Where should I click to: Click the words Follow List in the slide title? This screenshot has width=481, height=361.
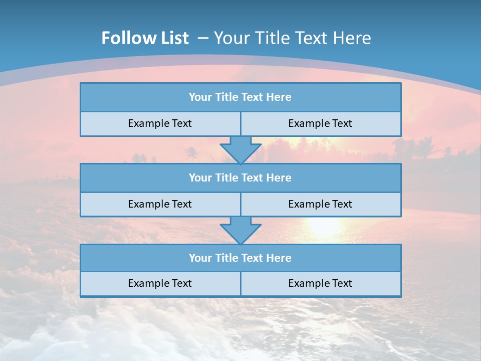click(x=145, y=38)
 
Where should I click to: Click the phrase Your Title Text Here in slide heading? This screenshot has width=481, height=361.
click(x=293, y=38)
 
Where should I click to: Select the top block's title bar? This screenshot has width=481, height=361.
click(x=241, y=97)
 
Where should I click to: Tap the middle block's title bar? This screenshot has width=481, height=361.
click(x=241, y=178)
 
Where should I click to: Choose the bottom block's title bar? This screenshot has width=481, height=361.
click(x=241, y=258)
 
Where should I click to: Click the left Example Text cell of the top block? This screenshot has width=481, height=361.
click(x=160, y=124)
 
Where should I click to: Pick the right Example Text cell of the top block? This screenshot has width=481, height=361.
click(x=320, y=124)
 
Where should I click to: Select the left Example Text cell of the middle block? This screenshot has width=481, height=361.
click(x=160, y=205)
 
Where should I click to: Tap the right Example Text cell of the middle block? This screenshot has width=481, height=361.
click(x=320, y=205)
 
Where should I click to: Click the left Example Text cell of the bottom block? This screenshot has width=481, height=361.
click(x=160, y=284)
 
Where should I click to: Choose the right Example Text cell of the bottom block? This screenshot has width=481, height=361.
click(x=320, y=284)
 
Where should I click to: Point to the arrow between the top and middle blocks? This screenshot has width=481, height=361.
click(x=241, y=150)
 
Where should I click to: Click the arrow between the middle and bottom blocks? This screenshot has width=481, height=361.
click(x=241, y=231)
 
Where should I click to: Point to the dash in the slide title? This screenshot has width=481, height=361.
click(x=203, y=38)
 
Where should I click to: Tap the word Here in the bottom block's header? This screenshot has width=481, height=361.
click(x=279, y=258)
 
